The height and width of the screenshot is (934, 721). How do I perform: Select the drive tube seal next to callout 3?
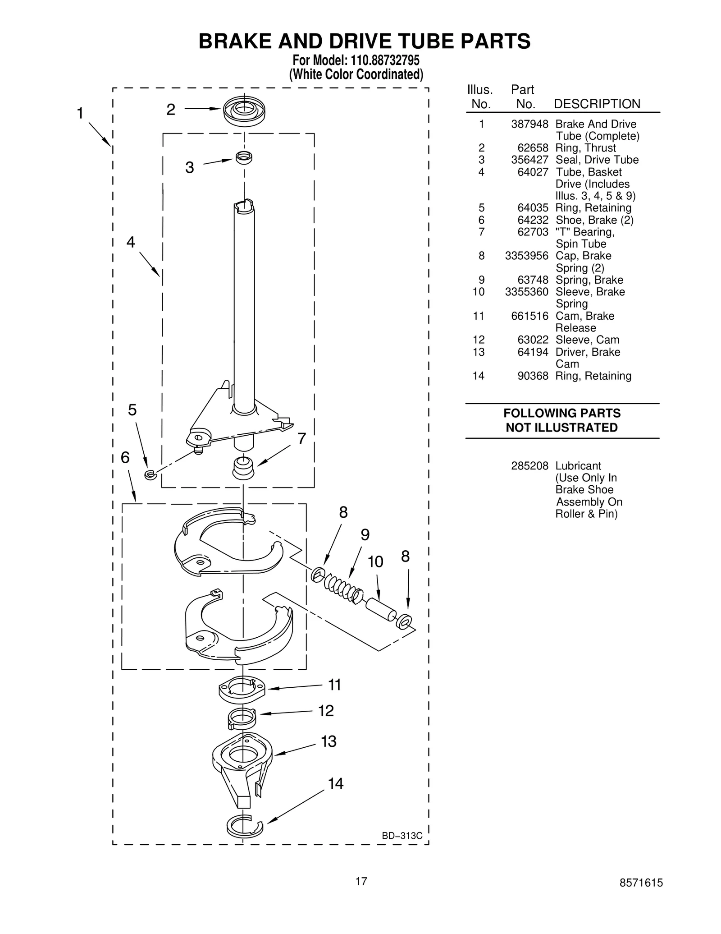(x=244, y=157)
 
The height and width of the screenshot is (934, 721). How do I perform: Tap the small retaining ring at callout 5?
(x=150, y=474)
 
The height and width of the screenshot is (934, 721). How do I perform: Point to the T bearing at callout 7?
(x=243, y=469)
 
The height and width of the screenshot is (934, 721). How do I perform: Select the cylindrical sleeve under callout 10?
(x=381, y=609)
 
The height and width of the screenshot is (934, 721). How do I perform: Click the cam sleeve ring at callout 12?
(x=242, y=717)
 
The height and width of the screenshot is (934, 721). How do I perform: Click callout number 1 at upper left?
(x=80, y=113)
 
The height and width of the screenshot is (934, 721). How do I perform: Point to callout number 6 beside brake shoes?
(x=125, y=458)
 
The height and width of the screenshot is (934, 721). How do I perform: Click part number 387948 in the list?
(x=529, y=124)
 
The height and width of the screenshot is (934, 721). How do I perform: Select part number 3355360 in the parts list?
(x=526, y=292)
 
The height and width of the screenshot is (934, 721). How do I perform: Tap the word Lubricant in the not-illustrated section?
(x=578, y=466)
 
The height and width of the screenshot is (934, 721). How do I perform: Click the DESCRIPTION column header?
(x=597, y=104)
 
